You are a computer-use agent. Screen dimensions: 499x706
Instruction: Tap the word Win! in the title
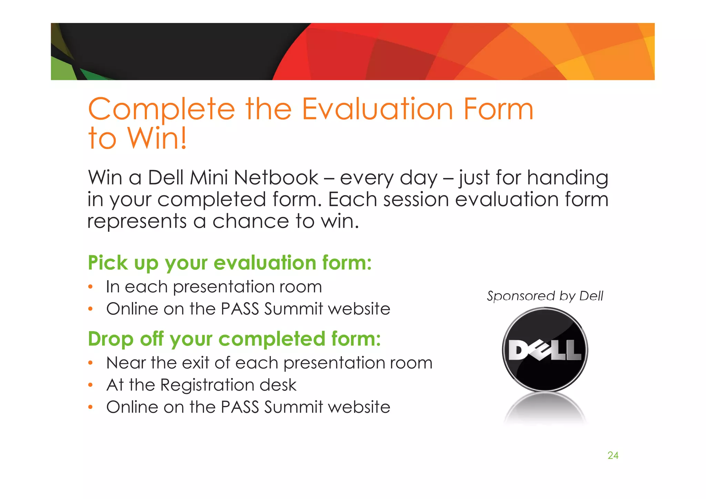pyautogui.click(x=157, y=138)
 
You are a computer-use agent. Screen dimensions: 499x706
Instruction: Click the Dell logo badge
pyautogui.click(x=545, y=350)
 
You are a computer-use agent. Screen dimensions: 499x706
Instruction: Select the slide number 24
pyautogui.click(x=613, y=456)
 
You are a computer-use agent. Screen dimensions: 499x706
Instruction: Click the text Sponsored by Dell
pyautogui.click(x=545, y=296)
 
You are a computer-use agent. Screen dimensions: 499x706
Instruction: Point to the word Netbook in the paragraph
pyautogui.click(x=276, y=178)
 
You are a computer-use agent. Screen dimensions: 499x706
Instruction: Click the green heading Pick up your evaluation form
pyautogui.click(x=230, y=263)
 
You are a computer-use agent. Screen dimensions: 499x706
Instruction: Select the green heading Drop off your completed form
pyautogui.click(x=234, y=339)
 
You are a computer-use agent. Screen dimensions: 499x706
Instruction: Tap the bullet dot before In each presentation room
pyautogui.click(x=90, y=287)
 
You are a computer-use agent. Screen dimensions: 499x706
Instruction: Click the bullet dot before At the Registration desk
pyautogui.click(x=90, y=385)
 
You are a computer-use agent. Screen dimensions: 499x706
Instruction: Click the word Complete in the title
pyautogui.click(x=161, y=110)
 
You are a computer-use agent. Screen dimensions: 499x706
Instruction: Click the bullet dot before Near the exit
pyautogui.click(x=90, y=363)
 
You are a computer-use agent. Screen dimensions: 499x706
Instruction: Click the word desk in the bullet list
pyautogui.click(x=278, y=385)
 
